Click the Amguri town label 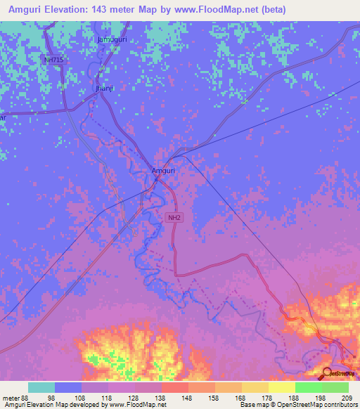[x=162, y=170]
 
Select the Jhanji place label [x=104, y=89]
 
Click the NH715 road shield [x=53, y=60]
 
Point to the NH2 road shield [x=174, y=219]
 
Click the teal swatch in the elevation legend [x=41, y=387]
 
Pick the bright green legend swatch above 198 [x=308, y=387]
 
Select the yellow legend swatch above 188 [x=281, y=387]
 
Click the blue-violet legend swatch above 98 [x=68, y=387]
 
